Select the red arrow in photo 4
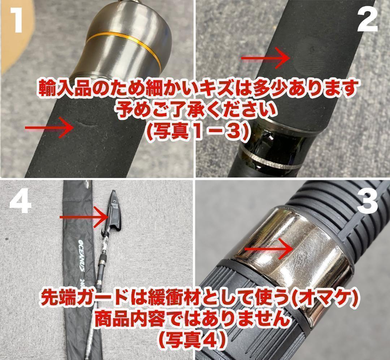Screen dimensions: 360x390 tap(84, 217)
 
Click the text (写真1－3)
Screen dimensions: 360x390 tap(195, 132)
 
